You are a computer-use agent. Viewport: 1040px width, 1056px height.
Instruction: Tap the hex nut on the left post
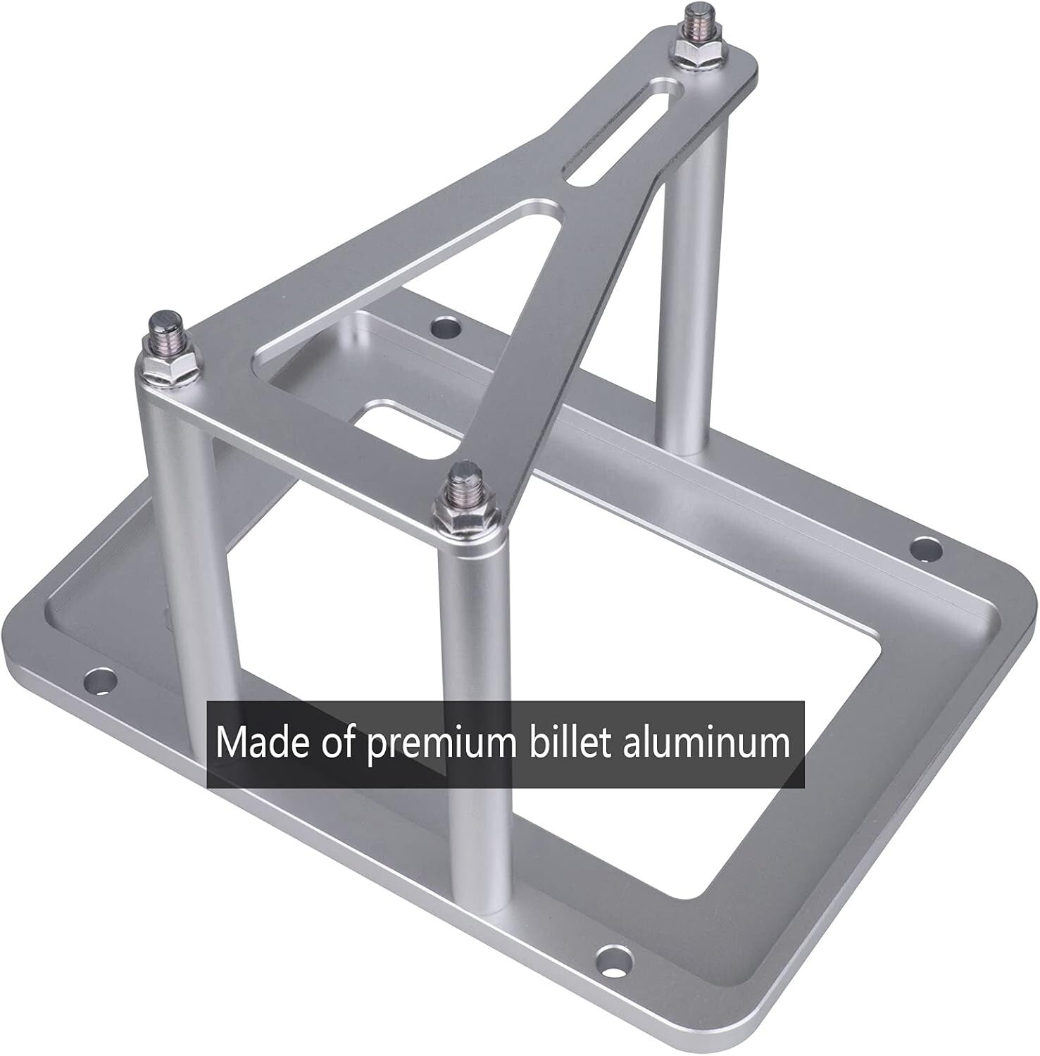pyautogui.click(x=164, y=365)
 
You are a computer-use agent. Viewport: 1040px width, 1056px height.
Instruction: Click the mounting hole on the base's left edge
pyautogui.click(x=100, y=680)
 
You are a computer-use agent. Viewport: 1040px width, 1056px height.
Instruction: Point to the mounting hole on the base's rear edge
pyautogui.click(x=444, y=327)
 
